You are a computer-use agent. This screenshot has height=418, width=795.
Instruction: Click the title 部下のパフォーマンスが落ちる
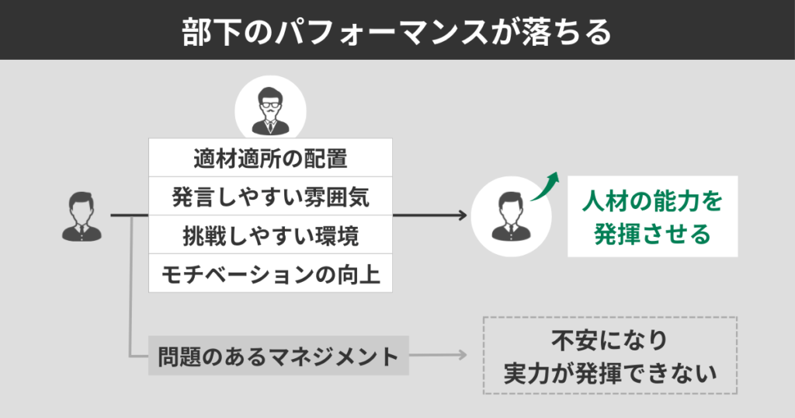397,30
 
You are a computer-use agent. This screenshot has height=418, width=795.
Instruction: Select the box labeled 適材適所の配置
270,158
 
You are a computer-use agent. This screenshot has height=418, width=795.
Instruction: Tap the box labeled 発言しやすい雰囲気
270,197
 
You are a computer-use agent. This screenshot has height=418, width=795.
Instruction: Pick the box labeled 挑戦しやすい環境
270,235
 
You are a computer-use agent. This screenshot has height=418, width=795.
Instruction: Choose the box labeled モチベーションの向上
270,273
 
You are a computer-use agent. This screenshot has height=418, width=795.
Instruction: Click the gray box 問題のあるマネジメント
278,357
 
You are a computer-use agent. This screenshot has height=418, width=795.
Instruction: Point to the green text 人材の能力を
652,203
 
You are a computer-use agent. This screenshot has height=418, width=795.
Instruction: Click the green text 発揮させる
652,234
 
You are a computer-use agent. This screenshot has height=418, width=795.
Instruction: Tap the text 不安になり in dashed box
609,340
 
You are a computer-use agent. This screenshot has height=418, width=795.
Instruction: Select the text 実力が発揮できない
609,374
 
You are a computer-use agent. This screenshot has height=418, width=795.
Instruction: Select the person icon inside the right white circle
507,217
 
